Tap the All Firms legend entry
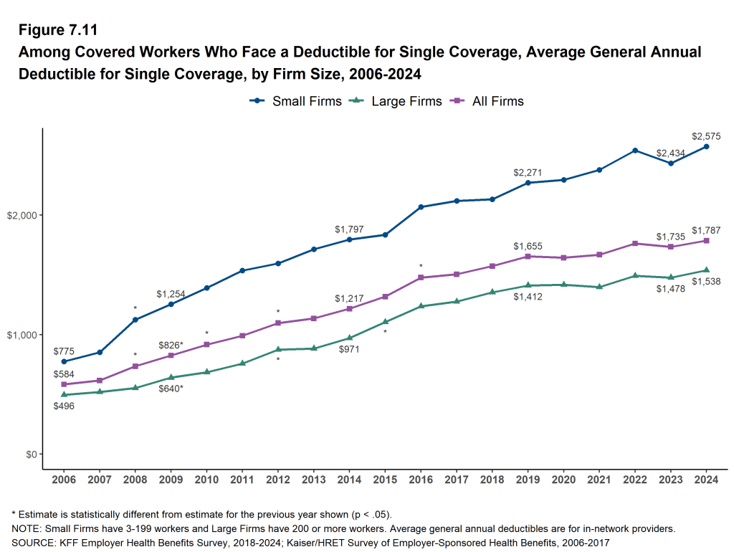(489, 101)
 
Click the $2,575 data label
(706, 135)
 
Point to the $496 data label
(64, 406)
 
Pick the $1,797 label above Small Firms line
(349, 229)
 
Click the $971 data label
(349, 349)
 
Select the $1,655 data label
(528, 246)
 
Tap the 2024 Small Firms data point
(706, 146)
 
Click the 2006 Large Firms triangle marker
(64, 394)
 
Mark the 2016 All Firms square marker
(421, 277)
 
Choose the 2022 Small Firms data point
(635, 151)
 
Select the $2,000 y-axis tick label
(23, 215)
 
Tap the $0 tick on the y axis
(30, 455)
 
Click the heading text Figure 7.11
(58, 31)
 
